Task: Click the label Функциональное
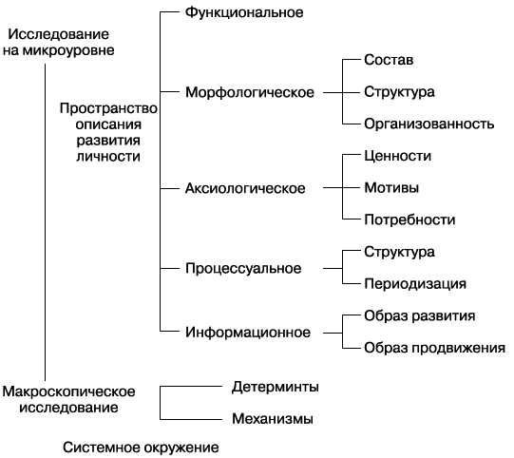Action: tap(244, 12)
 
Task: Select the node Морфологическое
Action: tap(251, 92)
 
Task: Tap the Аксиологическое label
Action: tap(245, 188)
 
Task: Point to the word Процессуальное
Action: tap(243, 268)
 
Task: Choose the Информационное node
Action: tap(249, 333)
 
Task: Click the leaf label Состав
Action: tap(389, 60)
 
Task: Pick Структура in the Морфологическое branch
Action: tap(399, 92)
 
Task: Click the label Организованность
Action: tap(428, 124)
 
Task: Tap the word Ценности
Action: tap(398, 156)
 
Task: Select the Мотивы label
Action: tap(391, 187)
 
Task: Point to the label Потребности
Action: tap(409, 219)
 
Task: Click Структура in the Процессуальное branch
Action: tap(399, 252)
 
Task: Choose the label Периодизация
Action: tap(415, 283)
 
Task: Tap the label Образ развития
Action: tap(420, 315)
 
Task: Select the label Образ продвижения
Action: tap(433, 348)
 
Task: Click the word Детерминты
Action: tap(275, 387)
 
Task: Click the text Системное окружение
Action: tap(141, 447)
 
